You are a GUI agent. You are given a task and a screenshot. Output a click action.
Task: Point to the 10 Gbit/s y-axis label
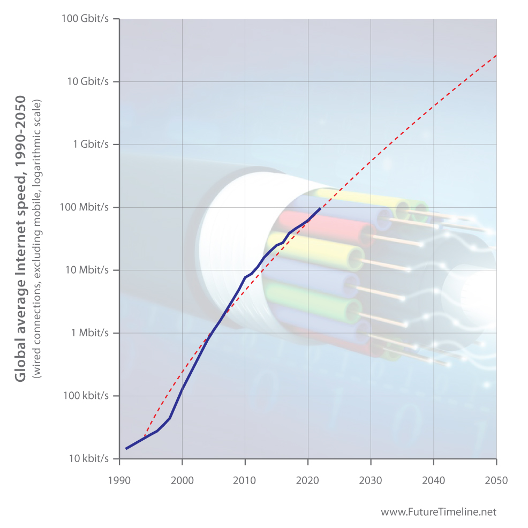coord(88,81)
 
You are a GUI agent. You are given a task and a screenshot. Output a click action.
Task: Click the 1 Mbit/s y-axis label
coord(90,333)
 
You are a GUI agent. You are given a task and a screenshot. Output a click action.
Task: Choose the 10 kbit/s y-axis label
coord(89,458)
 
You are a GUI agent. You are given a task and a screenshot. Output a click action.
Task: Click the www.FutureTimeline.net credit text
coord(439,512)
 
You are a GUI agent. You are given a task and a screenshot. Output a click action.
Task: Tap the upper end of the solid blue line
coord(320,209)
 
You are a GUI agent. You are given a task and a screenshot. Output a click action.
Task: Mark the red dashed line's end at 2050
coord(496,55)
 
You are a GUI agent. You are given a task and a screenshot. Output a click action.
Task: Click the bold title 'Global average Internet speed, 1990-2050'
coord(20,238)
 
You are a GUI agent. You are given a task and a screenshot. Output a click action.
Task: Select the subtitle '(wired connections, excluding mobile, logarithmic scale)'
coord(36,238)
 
